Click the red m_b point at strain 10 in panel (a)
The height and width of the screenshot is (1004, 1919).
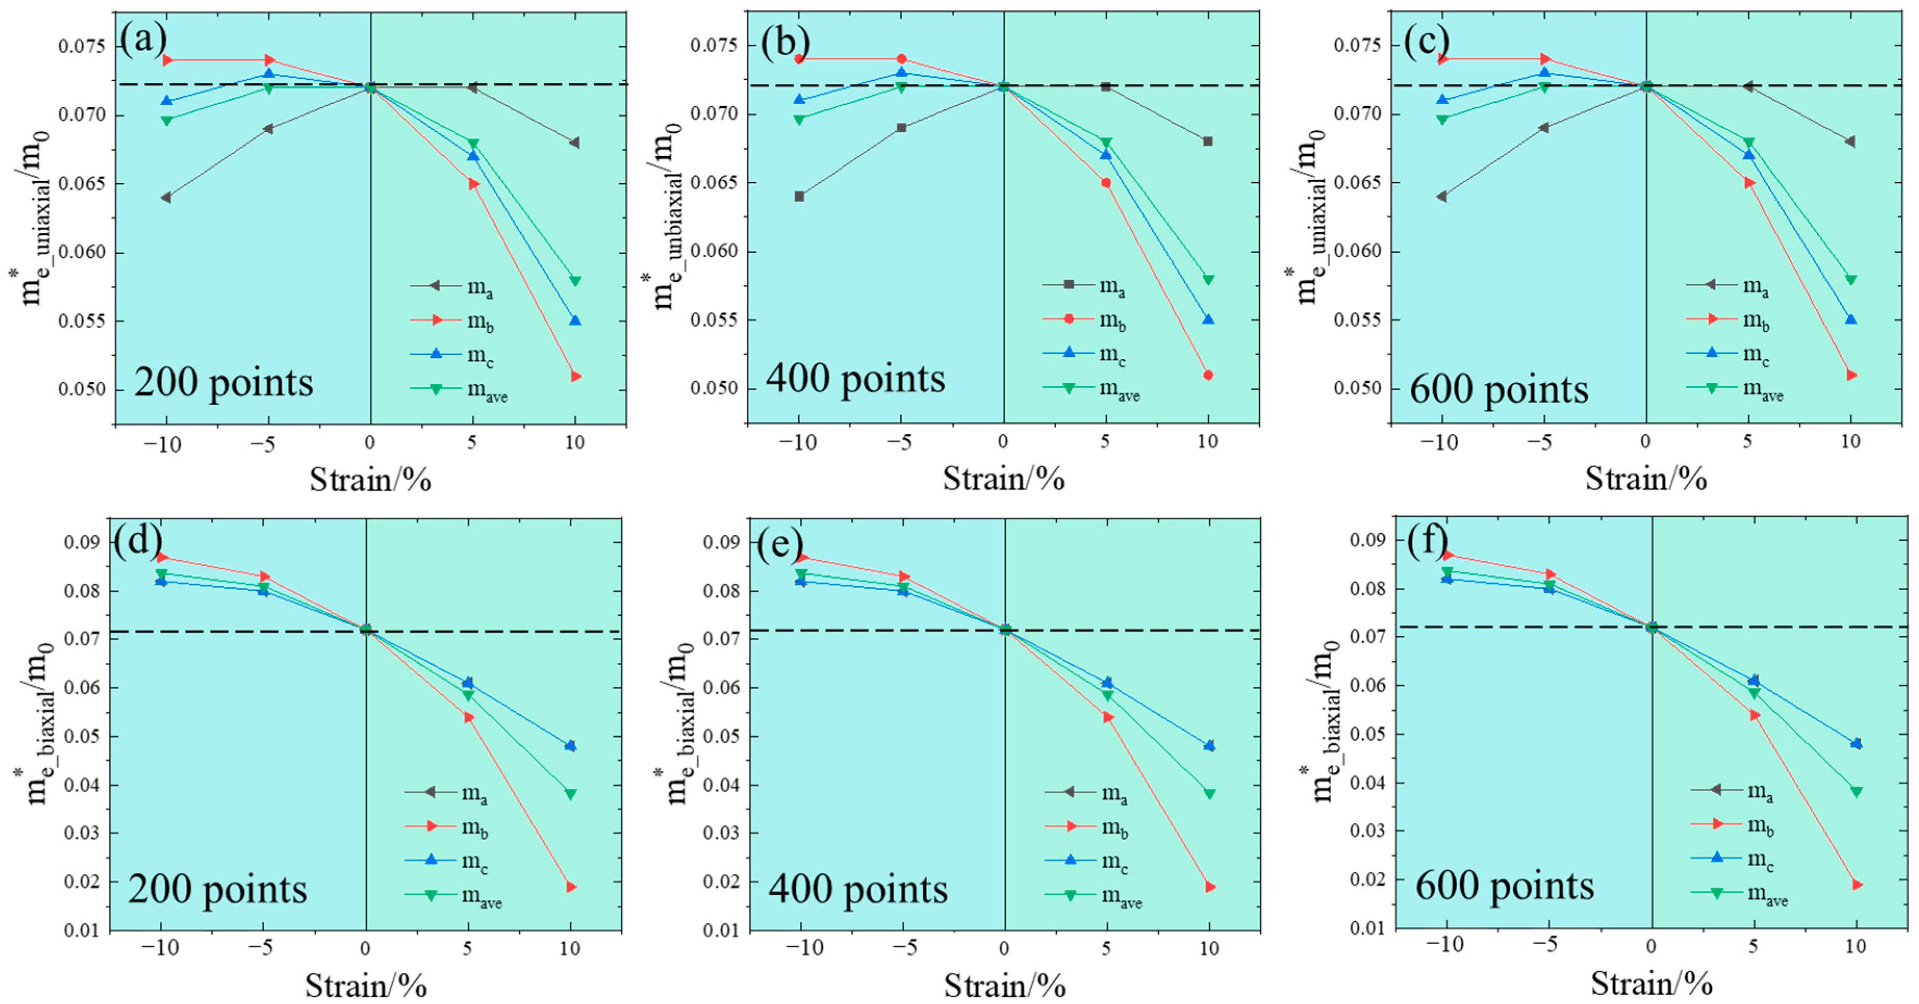(x=575, y=376)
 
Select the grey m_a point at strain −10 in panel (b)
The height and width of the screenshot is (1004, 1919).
(x=799, y=197)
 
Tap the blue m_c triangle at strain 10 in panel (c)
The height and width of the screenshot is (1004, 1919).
(x=1850, y=319)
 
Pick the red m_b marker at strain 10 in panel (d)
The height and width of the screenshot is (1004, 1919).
(x=571, y=886)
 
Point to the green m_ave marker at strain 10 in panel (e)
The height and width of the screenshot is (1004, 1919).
(x=1210, y=794)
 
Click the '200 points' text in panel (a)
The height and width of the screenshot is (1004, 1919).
(x=224, y=383)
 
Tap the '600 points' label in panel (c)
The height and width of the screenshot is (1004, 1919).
(x=1499, y=389)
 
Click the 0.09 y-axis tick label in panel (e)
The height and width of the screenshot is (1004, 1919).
(x=720, y=542)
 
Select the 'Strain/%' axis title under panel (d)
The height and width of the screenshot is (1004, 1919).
(x=366, y=985)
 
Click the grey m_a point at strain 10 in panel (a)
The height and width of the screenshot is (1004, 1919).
(x=574, y=142)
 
